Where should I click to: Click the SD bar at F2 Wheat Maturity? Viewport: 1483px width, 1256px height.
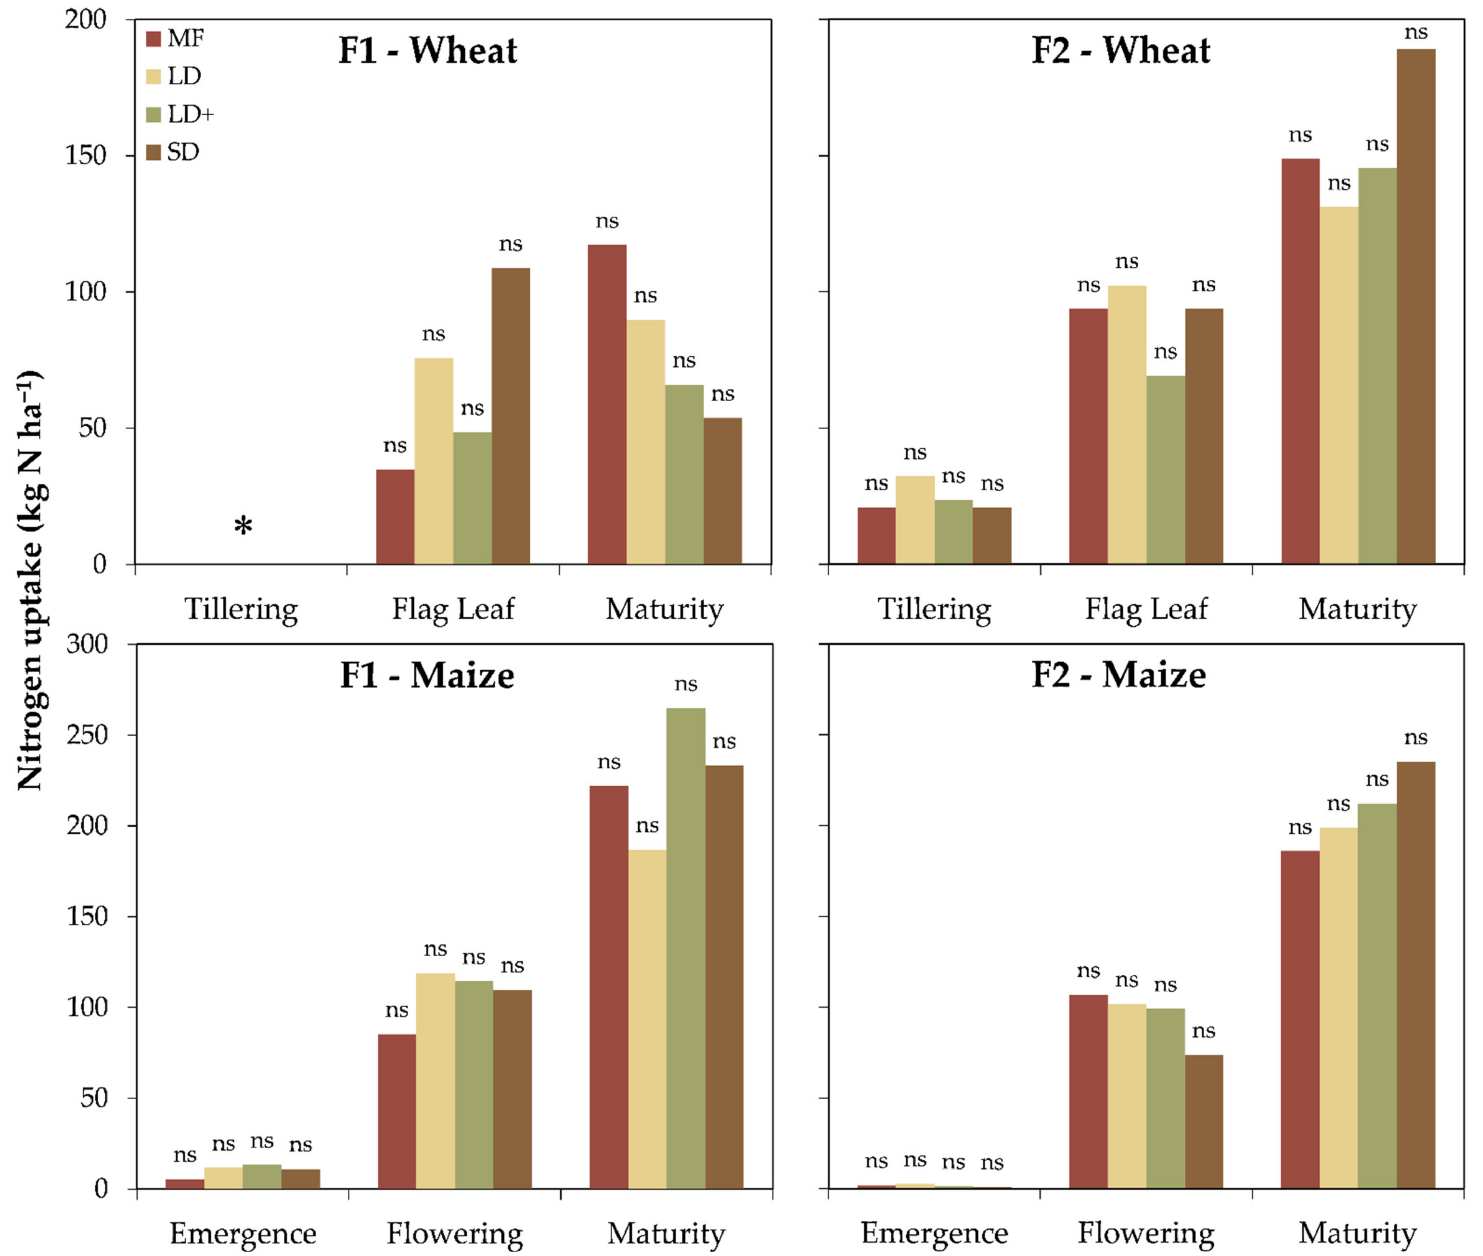[1415, 306]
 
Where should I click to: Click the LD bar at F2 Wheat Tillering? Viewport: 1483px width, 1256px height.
[914, 520]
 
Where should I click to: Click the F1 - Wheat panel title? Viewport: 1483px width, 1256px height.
[428, 50]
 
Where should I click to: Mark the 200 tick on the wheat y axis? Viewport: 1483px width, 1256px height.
[85, 19]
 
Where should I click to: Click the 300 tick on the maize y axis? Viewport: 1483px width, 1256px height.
[87, 645]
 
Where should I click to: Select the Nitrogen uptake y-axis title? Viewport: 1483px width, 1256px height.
[30, 580]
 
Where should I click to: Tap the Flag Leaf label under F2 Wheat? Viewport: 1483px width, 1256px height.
[1146, 609]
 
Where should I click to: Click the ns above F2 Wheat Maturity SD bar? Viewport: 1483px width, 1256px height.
[1415, 33]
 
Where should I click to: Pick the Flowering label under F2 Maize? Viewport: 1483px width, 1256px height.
[1146, 1233]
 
